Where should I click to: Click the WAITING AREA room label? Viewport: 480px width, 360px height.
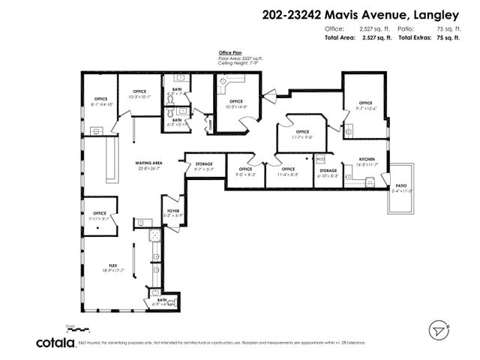(148, 163)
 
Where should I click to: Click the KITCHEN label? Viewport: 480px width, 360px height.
(367, 160)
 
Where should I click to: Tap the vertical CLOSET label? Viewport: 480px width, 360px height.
(211, 126)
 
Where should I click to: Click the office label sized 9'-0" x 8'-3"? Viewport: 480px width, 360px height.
(245, 169)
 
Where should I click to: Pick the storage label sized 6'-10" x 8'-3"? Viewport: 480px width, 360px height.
(328, 171)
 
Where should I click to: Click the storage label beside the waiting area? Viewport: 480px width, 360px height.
(204, 163)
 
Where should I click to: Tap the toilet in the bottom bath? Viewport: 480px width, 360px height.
(155, 295)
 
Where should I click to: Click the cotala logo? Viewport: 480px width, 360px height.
(54, 342)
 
